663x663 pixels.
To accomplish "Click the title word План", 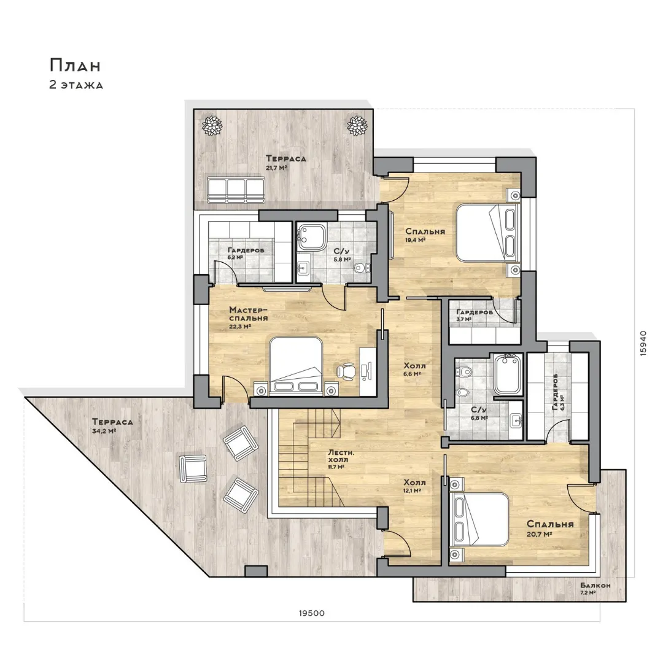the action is [76, 66].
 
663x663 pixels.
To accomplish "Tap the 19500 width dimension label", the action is [312, 613].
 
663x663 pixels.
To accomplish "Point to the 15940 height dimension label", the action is [643, 343].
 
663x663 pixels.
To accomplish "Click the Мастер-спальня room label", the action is [249, 314].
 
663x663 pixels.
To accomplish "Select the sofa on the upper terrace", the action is [236, 189].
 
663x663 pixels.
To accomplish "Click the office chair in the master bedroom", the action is [346, 370].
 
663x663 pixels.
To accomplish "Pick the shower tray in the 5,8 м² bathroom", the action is [312, 236].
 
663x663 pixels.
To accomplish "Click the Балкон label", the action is [595, 586].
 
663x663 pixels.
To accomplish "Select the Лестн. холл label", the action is [341, 456].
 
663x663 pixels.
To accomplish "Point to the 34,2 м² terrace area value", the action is [104, 432].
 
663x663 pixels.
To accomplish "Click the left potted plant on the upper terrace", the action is [211, 125].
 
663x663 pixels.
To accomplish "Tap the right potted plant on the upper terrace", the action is [357, 125].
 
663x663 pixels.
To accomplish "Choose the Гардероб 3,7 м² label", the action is [474, 315].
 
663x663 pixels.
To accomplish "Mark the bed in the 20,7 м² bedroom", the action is [479, 519].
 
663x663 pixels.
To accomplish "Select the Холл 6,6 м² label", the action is [414, 369].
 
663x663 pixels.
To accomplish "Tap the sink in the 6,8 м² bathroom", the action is [516, 421].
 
